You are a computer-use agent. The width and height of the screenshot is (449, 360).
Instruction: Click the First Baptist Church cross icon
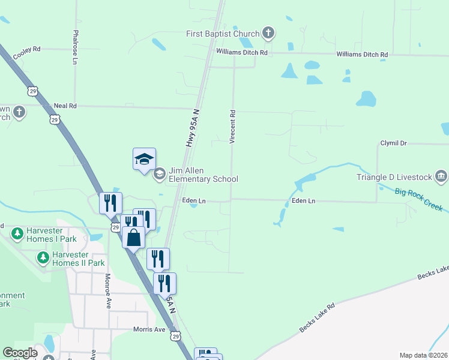pos(268,34)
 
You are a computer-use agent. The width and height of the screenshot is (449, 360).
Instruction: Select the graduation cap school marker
pos(144,160)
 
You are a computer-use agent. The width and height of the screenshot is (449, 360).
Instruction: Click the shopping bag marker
pos(133,238)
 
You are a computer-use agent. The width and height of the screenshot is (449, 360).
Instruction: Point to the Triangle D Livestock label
pos(394,177)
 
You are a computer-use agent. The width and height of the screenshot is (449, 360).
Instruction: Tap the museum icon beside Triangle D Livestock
pos(441,176)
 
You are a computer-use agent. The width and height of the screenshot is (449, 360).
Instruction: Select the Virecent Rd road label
pos(232,126)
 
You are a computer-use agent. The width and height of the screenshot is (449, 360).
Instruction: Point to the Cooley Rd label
pos(26,53)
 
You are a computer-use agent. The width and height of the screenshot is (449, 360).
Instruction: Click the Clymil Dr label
pos(394,143)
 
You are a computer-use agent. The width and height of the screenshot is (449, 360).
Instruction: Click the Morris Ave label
pos(149,329)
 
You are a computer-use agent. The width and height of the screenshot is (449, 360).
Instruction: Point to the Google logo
pos(20,353)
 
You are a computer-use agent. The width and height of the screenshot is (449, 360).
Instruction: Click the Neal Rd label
pos(65,106)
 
